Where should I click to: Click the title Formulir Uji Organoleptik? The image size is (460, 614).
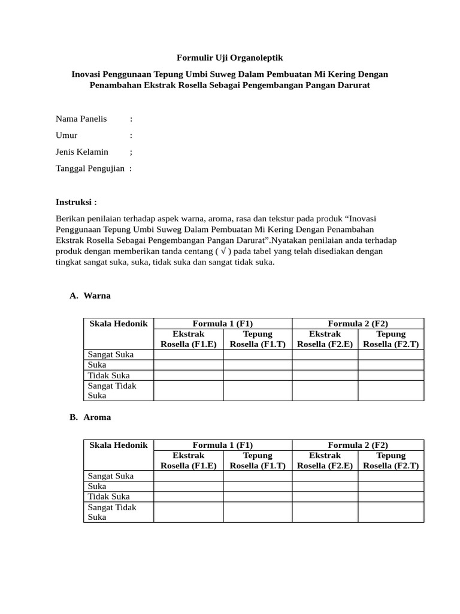point(229,58)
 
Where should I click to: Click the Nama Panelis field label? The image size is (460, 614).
point(81,119)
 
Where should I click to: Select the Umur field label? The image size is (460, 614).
point(67,136)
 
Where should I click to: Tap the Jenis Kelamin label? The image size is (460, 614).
point(82,152)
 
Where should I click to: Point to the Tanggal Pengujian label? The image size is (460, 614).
point(90,168)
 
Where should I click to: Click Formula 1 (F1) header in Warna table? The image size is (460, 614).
point(223,323)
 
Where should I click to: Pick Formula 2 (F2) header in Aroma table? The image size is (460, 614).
point(358,445)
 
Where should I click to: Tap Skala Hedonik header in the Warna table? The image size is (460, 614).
point(118,323)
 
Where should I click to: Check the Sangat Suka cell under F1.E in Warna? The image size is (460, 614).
point(188,354)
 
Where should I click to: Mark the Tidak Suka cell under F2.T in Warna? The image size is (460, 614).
point(391,375)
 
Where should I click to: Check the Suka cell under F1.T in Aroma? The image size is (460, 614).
point(258,486)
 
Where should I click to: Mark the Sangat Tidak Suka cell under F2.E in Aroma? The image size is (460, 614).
point(325,512)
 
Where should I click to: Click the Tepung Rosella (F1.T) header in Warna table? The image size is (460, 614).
point(258,339)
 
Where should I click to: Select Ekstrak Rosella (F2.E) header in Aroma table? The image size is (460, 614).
point(325,460)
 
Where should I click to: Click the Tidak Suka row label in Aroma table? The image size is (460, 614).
point(108,496)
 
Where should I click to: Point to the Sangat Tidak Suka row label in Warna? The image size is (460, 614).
point(112,390)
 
